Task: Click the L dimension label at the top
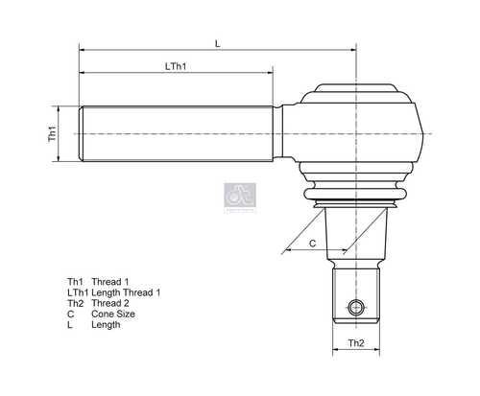[218, 43]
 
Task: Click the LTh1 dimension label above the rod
[176, 66]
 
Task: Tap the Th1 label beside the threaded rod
[52, 133]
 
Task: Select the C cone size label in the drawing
[313, 244]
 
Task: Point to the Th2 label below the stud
[356, 343]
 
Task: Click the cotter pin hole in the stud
[356, 308]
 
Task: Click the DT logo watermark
[240, 196]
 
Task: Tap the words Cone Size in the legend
[113, 314]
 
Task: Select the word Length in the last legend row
[106, 325]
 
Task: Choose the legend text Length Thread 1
[126, 292]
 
